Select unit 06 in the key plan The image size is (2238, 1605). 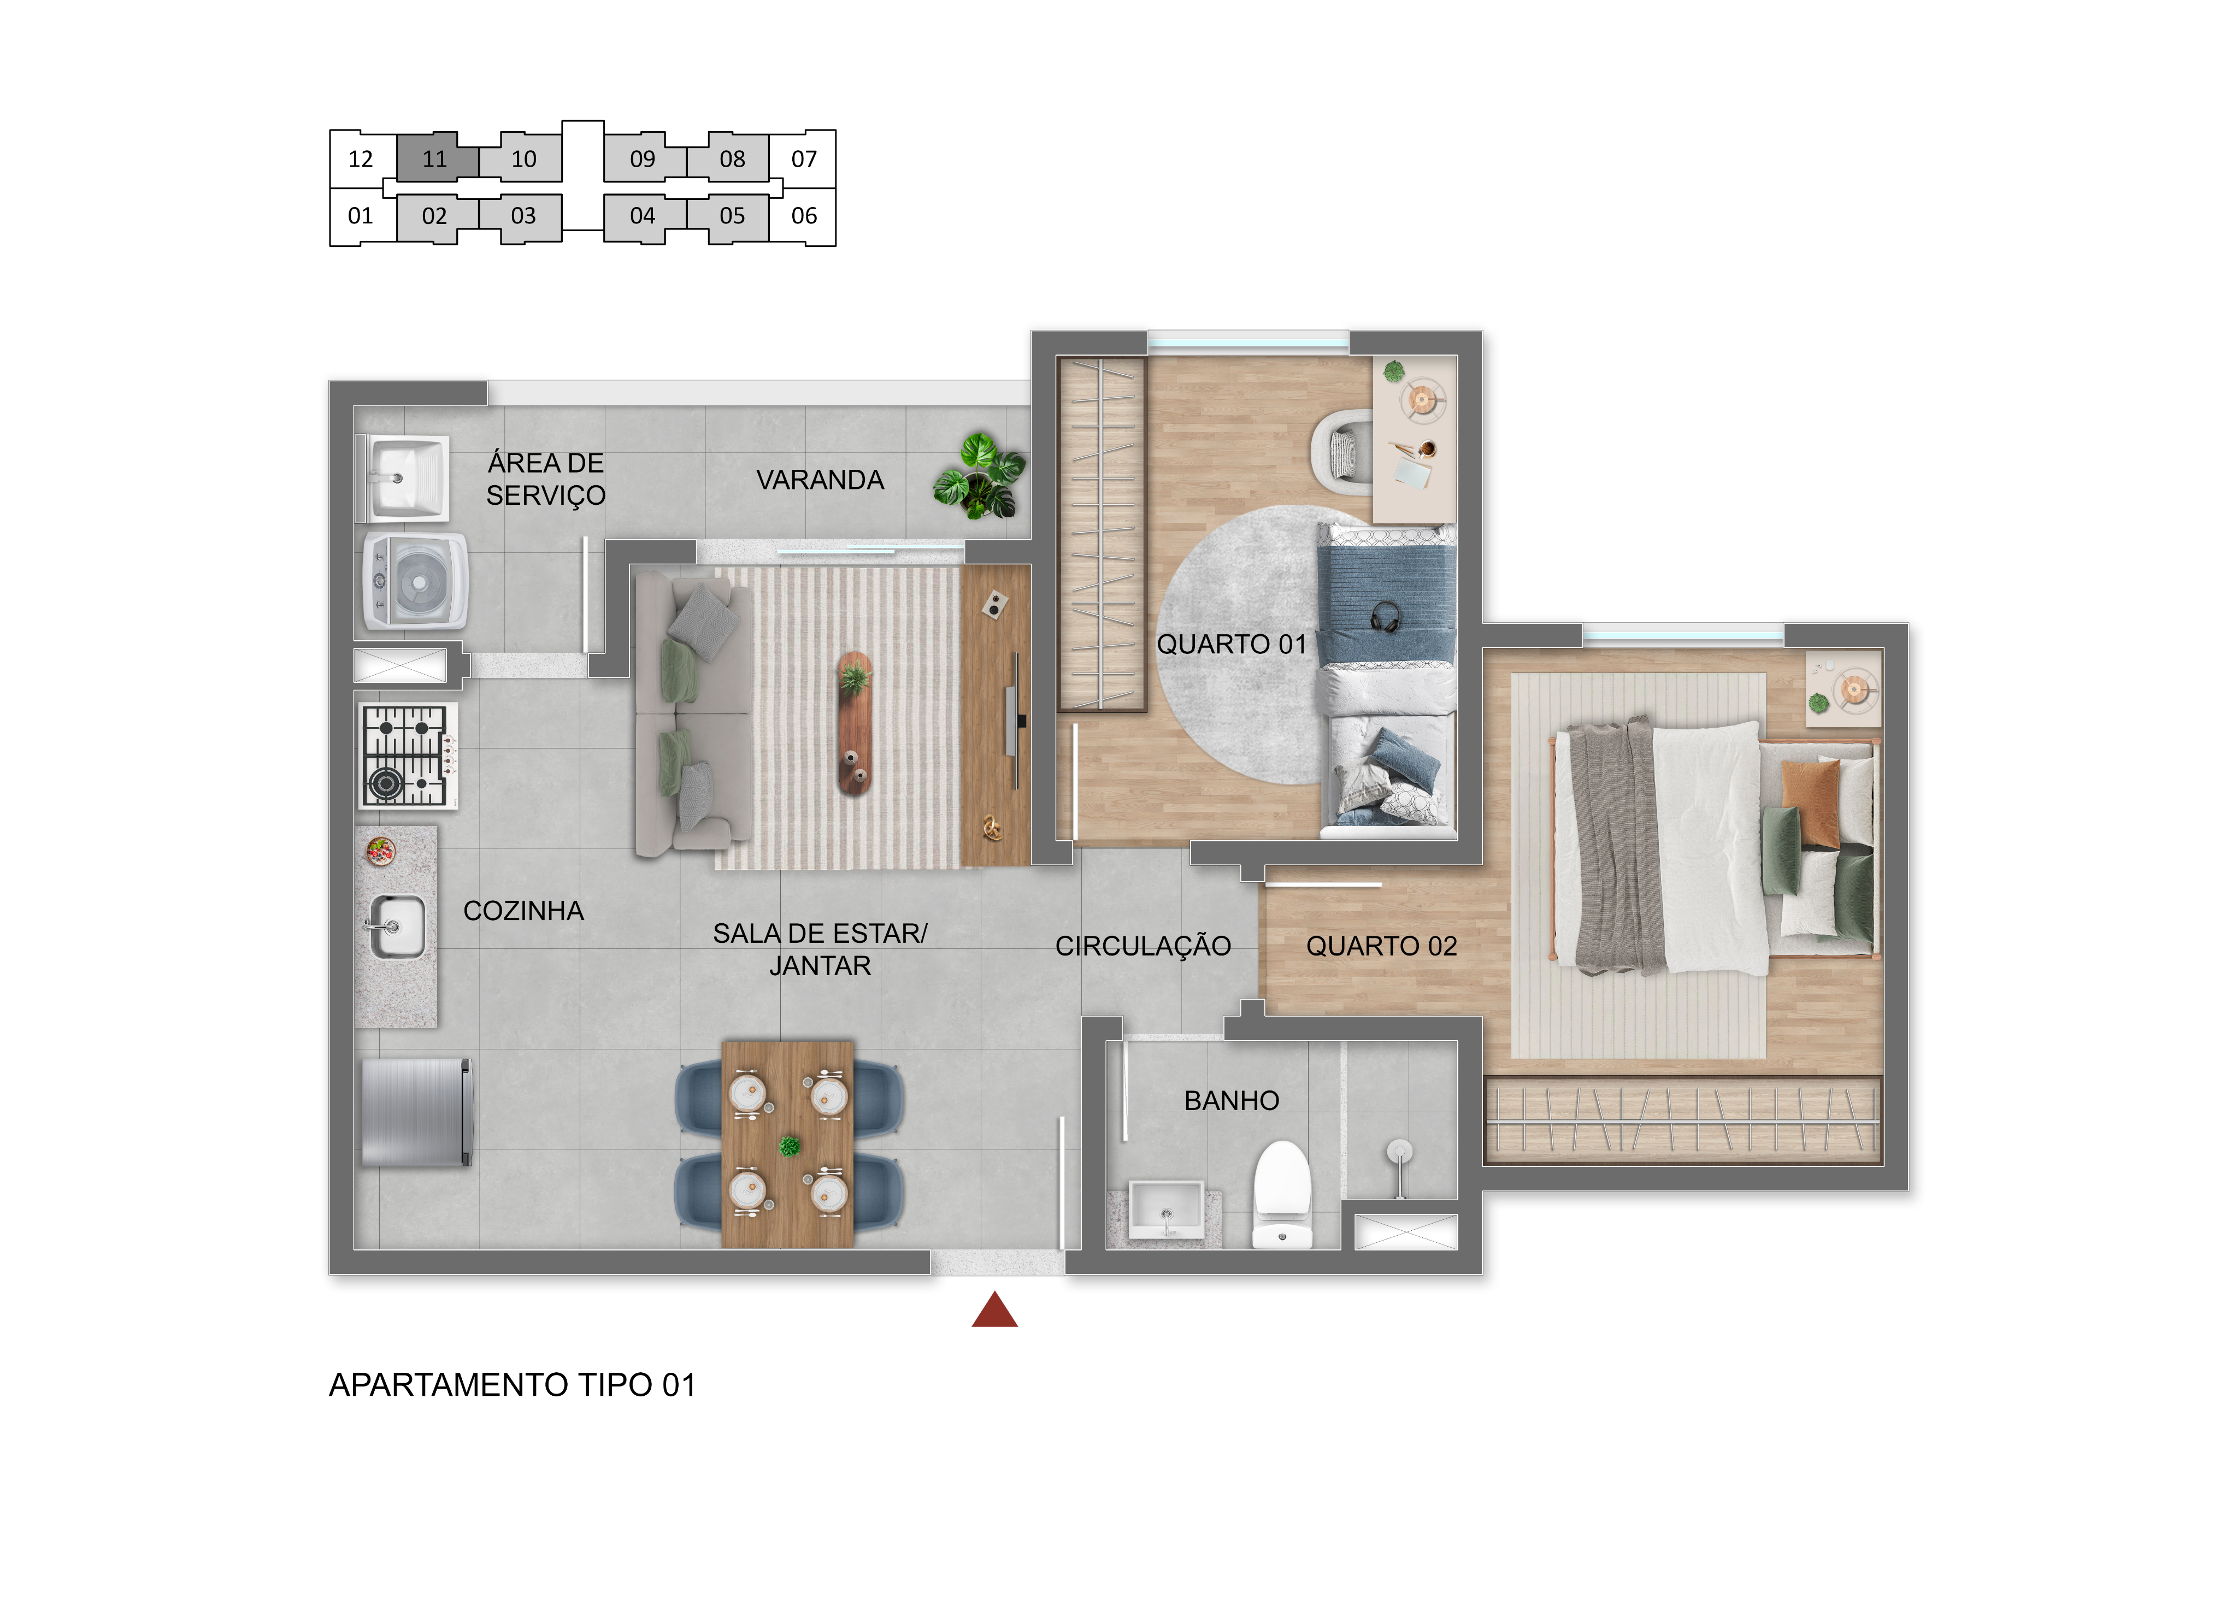click(804, 215)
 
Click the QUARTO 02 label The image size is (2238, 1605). click(1381, 946)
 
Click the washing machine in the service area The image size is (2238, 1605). click(415, 581)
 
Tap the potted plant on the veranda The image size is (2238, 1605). click(980, 476)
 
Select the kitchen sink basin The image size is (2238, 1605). click(398, 927)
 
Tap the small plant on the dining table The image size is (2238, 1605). click(790, 1146)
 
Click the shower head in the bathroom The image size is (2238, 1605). click(1399, 1152)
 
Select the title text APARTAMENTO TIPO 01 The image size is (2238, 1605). click(512, 1385)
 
